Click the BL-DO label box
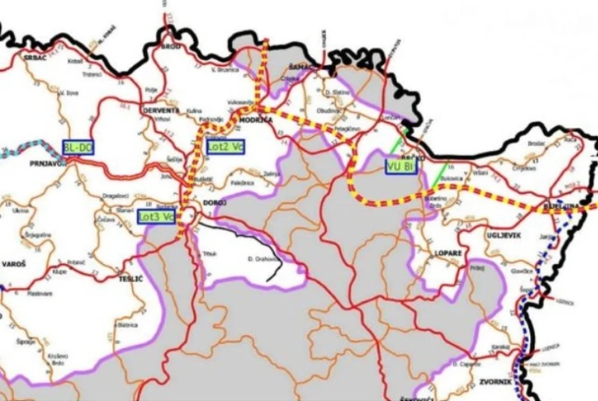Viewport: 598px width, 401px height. (x=77, y=147)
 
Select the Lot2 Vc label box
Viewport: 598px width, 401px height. (x=223, y=145)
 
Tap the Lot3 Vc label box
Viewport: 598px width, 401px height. (x=156, y=216)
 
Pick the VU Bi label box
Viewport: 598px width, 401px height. (x=402, y=165)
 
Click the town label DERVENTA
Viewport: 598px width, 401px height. (x=161, y=111)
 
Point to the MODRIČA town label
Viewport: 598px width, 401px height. (x=258, y=121)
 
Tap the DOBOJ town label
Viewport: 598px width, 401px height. (x=215, y=202)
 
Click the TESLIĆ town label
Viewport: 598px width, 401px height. (x=128, y=277)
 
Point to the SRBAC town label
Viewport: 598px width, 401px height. (x=36, y=58)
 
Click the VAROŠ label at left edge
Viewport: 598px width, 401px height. (x=14, y=265)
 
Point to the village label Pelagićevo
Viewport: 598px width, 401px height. (x=347, y=127)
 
